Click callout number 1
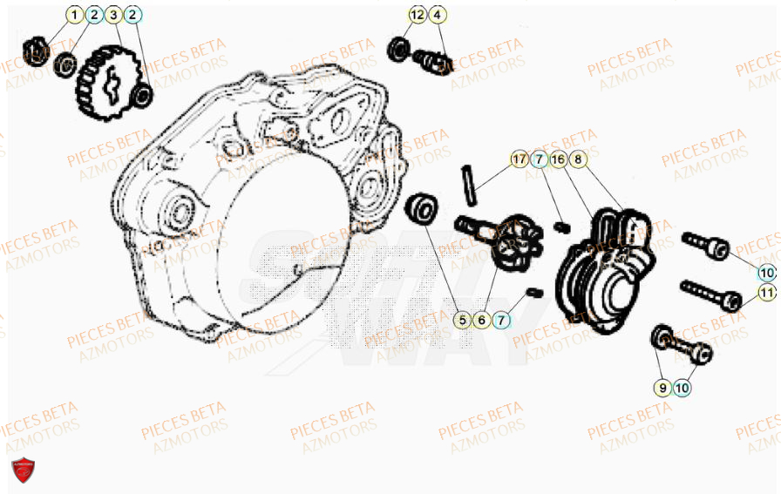pos(75,15)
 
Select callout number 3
pos(113,15)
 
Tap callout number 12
pos(418,15)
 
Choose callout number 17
pos(520,159)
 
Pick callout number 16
pos(559,159)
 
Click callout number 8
pos(579,159)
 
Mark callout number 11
pos(766,293)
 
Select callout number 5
pos(463,320)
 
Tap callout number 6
pos(481,320)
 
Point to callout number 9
pos(662,386)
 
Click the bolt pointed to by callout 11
pos(711,294)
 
